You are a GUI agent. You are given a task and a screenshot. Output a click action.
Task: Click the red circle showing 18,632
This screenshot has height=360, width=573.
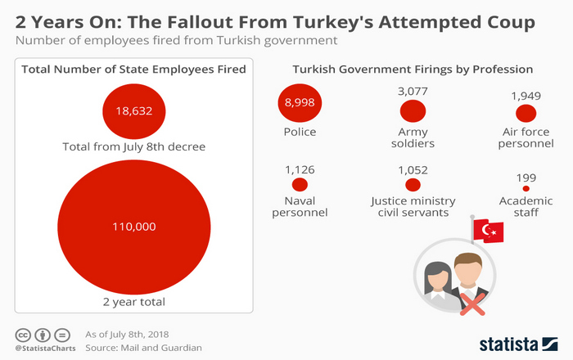pyautogui.click(x=133, y=111)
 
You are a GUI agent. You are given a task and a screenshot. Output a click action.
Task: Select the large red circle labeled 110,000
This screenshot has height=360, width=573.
pyautogui.click(x=134, y=227)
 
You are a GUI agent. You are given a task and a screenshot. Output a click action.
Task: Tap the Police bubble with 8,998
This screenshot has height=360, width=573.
pyautogui.click(x=300, y=102)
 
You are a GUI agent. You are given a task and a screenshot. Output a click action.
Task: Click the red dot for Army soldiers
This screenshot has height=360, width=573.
pyautogui.click(x=413, y=111)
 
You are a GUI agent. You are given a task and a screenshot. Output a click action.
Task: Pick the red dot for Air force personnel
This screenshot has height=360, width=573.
pyautogui.click(x=526, y=113)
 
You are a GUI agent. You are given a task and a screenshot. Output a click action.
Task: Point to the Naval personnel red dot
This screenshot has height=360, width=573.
pyautogui.click(x=300, y=184)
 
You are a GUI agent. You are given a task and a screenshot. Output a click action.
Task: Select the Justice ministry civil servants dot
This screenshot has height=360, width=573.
pyautogui.click(x=413, y=185)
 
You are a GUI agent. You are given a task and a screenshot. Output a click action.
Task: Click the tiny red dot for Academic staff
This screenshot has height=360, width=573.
pyautogui.click(x=526, y=188)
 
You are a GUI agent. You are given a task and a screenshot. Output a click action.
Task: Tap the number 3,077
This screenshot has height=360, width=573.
pyautogui.click(x=413, y=91)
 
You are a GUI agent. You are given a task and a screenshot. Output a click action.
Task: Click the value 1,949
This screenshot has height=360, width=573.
pyautogui.click(x=526, y=96)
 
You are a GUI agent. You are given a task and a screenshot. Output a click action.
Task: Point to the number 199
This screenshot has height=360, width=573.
pyautogui.click(x=526, y=178)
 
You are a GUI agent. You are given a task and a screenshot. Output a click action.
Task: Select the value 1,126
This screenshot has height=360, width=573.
pyautogui.click(x=300, y=170)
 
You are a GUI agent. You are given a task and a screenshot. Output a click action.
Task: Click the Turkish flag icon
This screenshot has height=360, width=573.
pyautogui.click(x=488, y=231)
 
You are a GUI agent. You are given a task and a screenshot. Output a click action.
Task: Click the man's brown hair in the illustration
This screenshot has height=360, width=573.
pyautogui.click(x=468, y=260)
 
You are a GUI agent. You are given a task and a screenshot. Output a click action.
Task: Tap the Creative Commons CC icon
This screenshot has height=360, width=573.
pyautogui.click(x=23, y=335)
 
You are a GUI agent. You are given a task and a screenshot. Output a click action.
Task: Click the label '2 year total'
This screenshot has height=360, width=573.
pyautogui.click(x=134, y=302)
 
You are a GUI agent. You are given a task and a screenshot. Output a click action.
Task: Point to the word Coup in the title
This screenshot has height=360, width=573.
pyautogui.click(x=511, y=22)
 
